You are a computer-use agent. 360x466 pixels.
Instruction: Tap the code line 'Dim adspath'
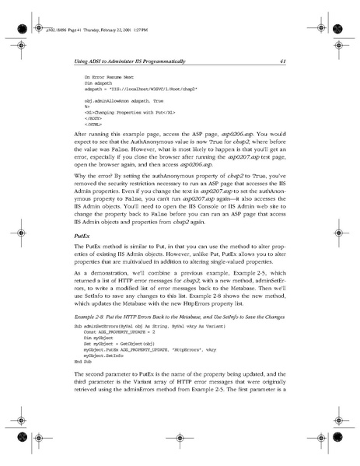[100, 84]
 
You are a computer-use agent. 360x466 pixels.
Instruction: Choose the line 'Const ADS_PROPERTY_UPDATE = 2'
[121, 335]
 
